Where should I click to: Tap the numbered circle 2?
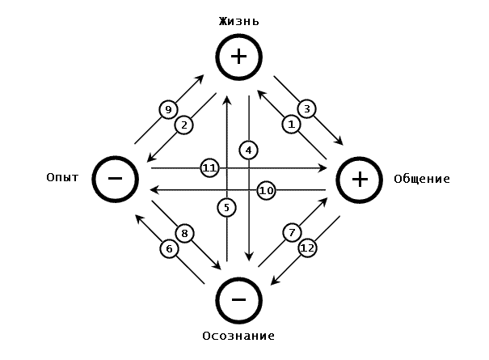point(185,125)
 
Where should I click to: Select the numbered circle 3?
point(306,108)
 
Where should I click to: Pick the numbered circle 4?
point(249,150)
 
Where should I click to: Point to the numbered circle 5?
point(227,207)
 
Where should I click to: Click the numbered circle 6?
point(169,248)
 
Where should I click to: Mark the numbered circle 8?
point(185,234)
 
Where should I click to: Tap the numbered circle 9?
point(168,109)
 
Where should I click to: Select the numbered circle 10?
point(267,190)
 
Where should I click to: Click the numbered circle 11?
point(210,167)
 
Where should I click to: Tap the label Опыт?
point(63,177)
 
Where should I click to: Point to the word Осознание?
point(239,335)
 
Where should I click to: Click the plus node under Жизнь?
point(239,57)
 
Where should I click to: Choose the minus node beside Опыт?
point(116,178)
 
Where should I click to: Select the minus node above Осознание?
point(239,299)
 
